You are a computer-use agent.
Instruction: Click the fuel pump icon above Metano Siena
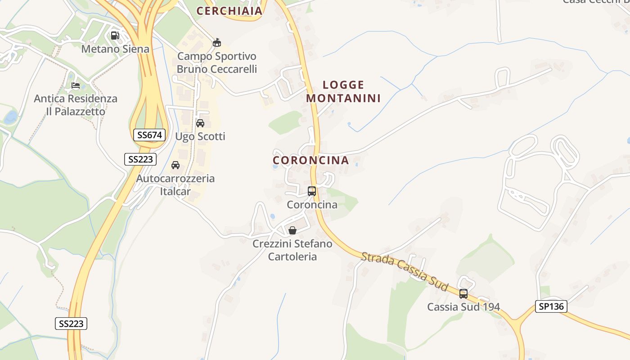(115, 35)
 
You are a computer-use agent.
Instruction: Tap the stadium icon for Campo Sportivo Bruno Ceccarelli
(217, 43)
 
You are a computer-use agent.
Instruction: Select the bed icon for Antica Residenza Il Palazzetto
(76, 85)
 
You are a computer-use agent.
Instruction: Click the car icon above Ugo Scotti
(200, 123)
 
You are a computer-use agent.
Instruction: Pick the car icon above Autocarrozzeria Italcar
(175, 165)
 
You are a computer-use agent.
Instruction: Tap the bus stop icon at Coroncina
(312, 191)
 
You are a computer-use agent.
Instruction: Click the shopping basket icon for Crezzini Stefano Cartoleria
(292, 230)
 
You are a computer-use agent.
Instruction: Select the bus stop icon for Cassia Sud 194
(463, 294)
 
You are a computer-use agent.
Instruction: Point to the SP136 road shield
(551, 306)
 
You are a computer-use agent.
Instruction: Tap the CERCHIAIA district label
(229, 11)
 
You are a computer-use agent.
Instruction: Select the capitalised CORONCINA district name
(311, 160)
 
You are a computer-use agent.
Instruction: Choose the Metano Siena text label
(115, 49)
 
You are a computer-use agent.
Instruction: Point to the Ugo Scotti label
(200, 136)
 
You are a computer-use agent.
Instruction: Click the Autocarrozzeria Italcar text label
(175, 184)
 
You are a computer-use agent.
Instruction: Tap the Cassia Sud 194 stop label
(463, 307)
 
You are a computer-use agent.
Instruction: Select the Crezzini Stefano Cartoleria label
(292, 250)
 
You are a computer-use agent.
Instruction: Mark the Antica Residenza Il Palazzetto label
(76, 105)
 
